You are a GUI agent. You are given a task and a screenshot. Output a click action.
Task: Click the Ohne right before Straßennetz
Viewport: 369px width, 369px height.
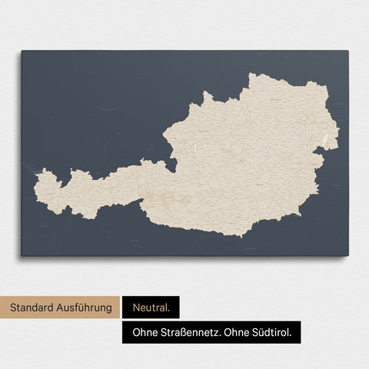tap(142, 333)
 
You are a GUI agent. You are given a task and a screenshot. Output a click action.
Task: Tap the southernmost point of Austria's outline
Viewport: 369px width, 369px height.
tap(243, 236)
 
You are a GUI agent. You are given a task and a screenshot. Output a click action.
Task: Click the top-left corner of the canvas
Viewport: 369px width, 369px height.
tap(22, 51)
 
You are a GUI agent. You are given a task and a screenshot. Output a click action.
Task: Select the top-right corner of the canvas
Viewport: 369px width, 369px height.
tap(348, 51)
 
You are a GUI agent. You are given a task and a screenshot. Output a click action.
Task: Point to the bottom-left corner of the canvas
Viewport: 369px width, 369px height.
tap(22, 256)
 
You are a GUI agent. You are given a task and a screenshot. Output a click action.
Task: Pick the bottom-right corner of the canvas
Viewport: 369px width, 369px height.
tap(348, 256)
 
